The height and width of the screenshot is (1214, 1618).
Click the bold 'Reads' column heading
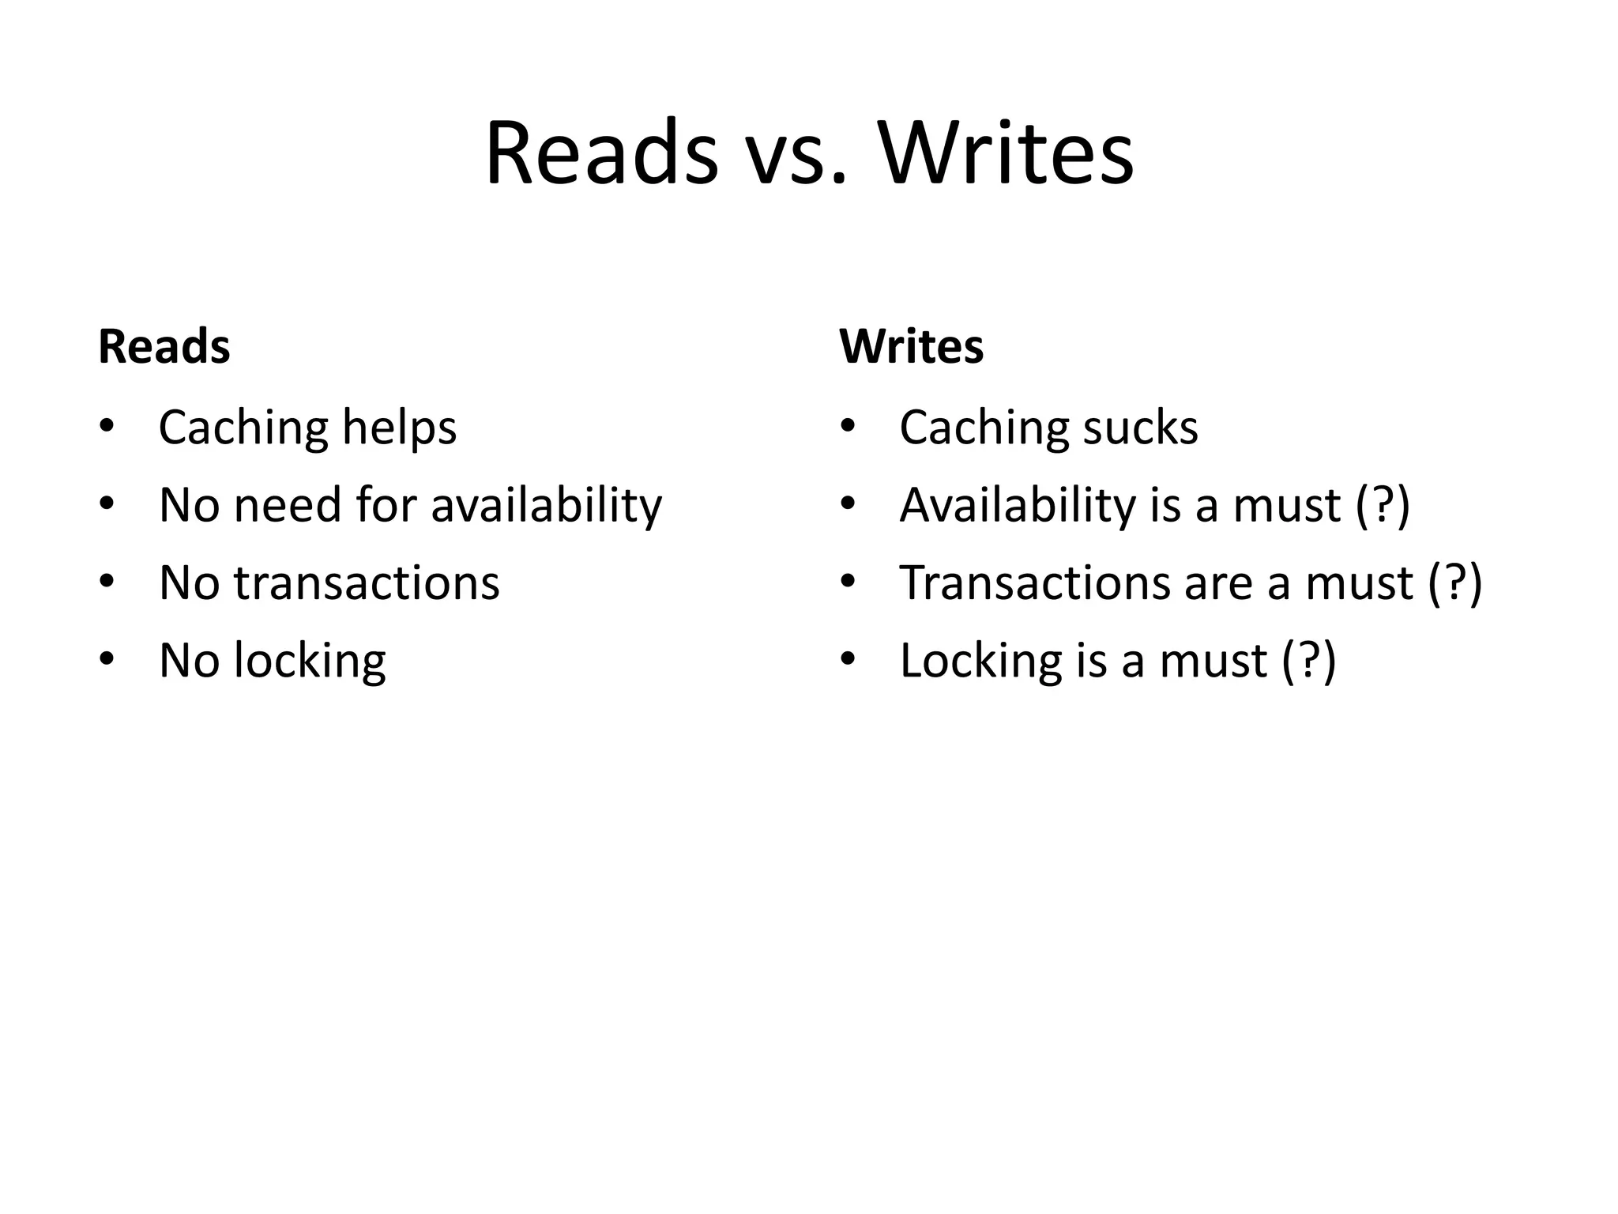click(x=164, y=347)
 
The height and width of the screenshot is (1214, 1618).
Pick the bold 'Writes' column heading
click(x=911, y=347)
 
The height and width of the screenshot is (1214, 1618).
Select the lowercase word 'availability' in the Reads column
click(x=546, y=505)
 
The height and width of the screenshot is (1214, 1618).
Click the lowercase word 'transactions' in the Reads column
click(x=367, y=582)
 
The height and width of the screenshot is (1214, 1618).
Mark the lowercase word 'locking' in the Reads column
click(x=310, y=661)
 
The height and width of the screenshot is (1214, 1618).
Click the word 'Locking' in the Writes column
click(x=980, y=661)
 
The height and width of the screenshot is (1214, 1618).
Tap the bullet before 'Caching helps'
click(x=107, y=427)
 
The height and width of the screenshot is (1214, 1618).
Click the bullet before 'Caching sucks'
click(x=848, y=427)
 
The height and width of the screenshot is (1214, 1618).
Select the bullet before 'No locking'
click(x=107, y=659)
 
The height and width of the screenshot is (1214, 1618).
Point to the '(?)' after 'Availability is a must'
click(x=1383, y=505)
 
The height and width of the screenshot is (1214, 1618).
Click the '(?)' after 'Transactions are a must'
click(x=1455, y=582)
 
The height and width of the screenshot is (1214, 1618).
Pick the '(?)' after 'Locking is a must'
click(x=1309, y=661)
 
